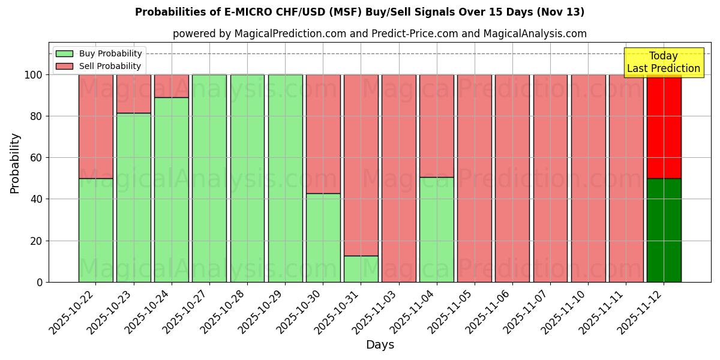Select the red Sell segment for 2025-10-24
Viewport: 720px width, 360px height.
tap(172, 86)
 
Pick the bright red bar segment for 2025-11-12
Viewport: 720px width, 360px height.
tap(664, 126)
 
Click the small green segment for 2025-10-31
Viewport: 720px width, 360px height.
tap(361, 269)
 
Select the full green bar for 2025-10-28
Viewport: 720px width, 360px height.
tap(247, 178)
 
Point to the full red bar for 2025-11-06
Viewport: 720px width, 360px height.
tap(512, 178)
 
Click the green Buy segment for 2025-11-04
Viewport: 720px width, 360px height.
tap(436, 229)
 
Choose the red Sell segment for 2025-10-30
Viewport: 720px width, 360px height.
tap(323, 134)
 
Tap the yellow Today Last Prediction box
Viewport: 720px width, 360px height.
tap(663, 62)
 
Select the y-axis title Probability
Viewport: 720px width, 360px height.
tap(15, 163)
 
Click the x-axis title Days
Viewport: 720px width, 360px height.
tap(380, 345)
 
